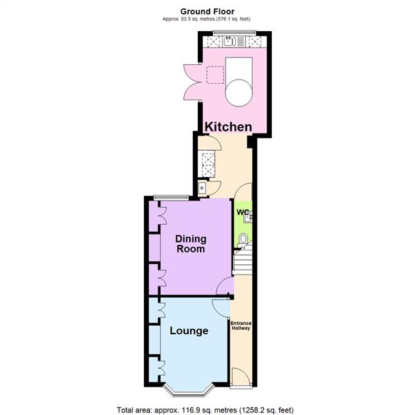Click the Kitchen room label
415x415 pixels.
(228, 127)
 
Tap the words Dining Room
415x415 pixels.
(190, 243)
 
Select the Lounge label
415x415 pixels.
(189, 331)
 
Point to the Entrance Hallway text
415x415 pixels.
(241, 324)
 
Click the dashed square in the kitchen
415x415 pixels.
(216, 75)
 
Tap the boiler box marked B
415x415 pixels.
(202, 187)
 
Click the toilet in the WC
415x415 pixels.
(242, 239)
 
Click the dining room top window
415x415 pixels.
(171, 198)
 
